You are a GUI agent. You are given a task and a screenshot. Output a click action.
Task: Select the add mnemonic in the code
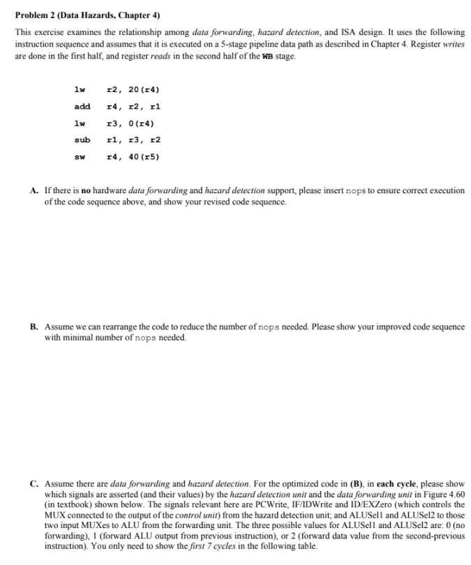point(82,106)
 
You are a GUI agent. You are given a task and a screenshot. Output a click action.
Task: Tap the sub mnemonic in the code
point(82,140)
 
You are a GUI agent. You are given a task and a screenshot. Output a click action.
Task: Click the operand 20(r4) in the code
point(142,89)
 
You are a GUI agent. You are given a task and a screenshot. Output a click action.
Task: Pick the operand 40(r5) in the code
point(142,156)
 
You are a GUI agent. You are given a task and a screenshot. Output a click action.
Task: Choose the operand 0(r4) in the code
point(140,123)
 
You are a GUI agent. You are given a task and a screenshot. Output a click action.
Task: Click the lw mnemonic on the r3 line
point(80,123)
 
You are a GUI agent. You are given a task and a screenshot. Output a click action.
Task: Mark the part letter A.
point(33,190)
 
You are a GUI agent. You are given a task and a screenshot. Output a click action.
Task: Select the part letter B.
point(33,326)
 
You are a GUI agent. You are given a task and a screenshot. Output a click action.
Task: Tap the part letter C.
point(33,483)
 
